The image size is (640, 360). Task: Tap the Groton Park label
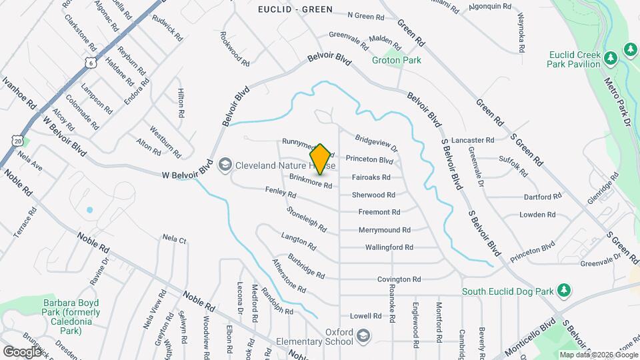tap(397, 60)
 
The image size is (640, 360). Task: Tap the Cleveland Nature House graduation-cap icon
tap(225, 164)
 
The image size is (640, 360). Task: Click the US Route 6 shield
tap(90, 62)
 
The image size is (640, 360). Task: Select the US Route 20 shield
tap(18, 141)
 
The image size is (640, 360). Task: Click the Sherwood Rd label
tap(373, 195)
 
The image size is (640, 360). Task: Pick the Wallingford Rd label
tap(389, 247)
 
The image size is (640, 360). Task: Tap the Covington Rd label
tap(399, 279)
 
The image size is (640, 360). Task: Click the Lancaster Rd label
tap(472, 141)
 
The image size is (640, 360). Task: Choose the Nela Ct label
tap(174, 238)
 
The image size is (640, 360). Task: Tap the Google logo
tap(22, 351)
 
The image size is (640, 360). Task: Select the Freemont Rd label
tap(379, 213)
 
